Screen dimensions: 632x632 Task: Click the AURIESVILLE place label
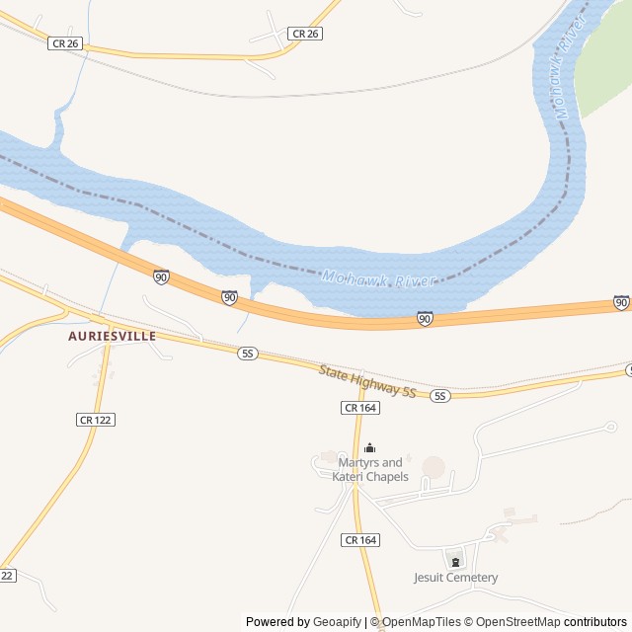click(x=113, y=336)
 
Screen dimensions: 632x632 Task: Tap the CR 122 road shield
click(x=96, y=420)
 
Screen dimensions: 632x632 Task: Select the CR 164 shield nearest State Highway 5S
click(x=360, y=407)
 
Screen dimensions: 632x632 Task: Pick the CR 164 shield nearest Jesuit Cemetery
click(x=360, y=539)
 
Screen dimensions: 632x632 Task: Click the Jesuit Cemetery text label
click(x=455, y=578)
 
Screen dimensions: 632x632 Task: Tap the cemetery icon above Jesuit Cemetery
click(x=455, y=561)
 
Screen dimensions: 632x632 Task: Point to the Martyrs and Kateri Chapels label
click(x=370, y=470)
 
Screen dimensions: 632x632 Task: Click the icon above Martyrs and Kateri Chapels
click(x=370, y=448)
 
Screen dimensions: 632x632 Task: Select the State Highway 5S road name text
click(x=367, y=381)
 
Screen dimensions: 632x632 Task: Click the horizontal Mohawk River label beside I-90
click(x=378, y=280)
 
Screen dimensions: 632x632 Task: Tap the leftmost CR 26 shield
click(x=65, y=42)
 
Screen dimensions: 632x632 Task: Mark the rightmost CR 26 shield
click(x=306, y=34)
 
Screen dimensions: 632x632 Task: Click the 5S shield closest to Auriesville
click(x=248, y=353)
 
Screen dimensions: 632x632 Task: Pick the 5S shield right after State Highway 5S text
click(x=440, y=395)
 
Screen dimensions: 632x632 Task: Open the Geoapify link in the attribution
click(x=338, y=622)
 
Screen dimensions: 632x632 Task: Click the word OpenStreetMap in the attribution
click(x=513, y=622)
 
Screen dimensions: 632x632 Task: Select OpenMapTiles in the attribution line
click(x=422, y=622)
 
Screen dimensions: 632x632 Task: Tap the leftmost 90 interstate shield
click(x=161, y=277)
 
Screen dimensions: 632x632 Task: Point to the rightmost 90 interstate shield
click(x=621, y=302)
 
